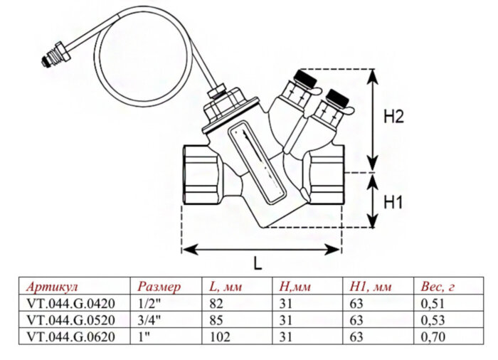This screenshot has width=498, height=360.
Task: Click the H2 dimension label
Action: [x=393, y=117]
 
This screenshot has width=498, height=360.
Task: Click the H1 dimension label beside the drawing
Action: [x=393, y=202]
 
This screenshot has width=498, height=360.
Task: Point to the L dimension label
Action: [x=258, y=262]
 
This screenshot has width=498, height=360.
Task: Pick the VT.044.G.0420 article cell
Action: [x=69, y=304]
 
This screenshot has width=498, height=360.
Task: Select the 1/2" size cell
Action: [x=148, y=304]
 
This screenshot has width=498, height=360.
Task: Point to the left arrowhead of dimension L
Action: [x=186, y=248]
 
